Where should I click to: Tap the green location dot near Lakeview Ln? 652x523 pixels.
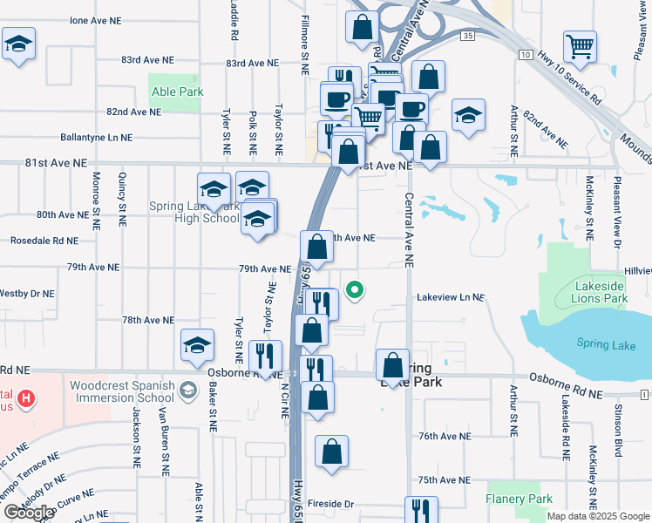355,290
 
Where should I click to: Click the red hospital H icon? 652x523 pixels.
27,399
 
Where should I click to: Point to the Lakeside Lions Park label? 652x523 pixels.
601,292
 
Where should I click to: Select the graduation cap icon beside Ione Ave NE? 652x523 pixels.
18,44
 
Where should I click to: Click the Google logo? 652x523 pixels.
29,513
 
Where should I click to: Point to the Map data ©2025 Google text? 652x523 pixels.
597,516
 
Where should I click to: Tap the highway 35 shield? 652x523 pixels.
469,36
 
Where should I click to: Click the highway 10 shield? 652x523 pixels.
525,54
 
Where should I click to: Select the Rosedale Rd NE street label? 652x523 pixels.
44,241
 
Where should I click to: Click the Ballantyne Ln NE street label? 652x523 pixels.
96,138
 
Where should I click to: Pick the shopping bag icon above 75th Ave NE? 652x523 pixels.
331,452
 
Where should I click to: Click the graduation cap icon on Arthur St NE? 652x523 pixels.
468,116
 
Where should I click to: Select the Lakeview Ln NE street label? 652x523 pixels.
450,297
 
